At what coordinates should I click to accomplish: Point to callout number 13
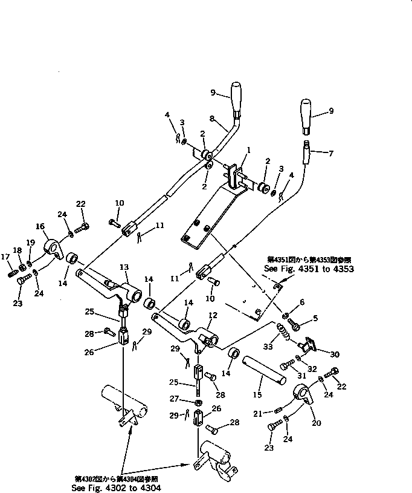(x=124, y=267)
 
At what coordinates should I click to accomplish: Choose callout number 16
(x=40, y=227)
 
